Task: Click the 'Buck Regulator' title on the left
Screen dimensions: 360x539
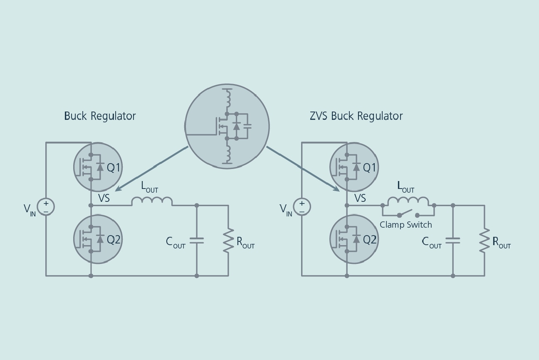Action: (x=100, y=116)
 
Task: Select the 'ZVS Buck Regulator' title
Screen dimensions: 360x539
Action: (x=356, y=116)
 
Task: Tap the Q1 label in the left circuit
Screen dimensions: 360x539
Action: (x=114, y=167)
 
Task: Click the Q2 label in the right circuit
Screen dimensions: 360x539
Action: (x=370, y=239)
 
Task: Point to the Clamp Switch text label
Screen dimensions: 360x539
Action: (x=405, y=225)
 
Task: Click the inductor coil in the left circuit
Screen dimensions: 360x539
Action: (x=152, y=201)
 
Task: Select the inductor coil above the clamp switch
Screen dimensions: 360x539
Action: (x=408, y=201)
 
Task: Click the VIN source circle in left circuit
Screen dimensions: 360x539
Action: (x=46, y=206)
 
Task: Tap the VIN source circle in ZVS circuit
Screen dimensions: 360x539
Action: (x=302, y=206)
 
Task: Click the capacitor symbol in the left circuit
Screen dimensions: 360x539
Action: (x=197, y=240)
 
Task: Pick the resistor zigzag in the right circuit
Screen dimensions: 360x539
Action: (x=484, y=241)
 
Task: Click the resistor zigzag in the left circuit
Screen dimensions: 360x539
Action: (x=228, y=241)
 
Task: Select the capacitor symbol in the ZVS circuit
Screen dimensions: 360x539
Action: (x=453, y=240)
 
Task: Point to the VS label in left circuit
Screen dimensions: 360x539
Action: (x=104, y=198)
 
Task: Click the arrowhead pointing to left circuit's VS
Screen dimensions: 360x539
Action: (x=118, y=189)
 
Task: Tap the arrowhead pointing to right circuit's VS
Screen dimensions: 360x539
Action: (x=336, y=189)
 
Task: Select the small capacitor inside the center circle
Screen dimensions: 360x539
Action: (x=247, y=126)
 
